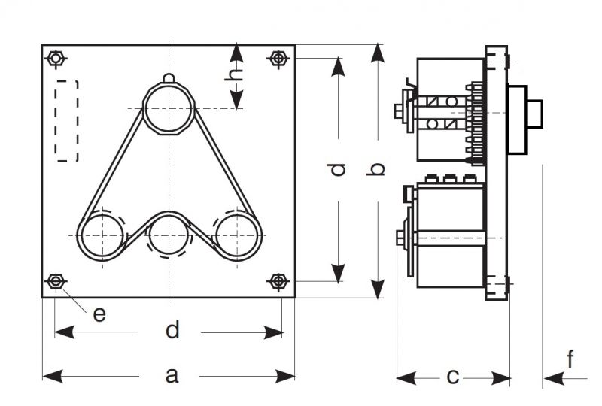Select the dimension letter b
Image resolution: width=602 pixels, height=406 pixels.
pyautogui.click(x=379, y=169)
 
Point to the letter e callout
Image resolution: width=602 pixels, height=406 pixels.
pyautogui.click(x=99, y=314)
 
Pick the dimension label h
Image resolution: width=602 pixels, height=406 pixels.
pyautogui.click(x=236, y=74)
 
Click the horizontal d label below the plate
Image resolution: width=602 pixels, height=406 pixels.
pyautogui.click(x=172, y=330)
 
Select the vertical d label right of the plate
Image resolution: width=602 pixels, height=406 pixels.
pyautogui.click(x=339, y=169)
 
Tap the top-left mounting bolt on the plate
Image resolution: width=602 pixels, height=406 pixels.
pyautogui.click(x=55, y=58)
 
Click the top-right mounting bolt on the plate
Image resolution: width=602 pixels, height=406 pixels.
pyautogui.click(x=278, y=58)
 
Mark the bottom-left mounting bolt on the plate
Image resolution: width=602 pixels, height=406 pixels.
pyautogui.click(x=55, y=281)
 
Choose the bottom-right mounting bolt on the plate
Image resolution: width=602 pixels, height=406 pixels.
pyautogui.click(x=278, y=281)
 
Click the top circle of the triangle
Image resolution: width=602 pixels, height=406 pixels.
pyautogui.click(x=169, y=109)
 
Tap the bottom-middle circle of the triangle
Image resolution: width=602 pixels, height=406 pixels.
pyautogui.click(x=170, y=235)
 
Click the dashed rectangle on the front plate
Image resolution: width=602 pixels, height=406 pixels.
pyautogui.click(x=67, y=120)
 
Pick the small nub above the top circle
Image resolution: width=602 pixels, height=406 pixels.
pyautogui.click(x=169, y=77)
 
